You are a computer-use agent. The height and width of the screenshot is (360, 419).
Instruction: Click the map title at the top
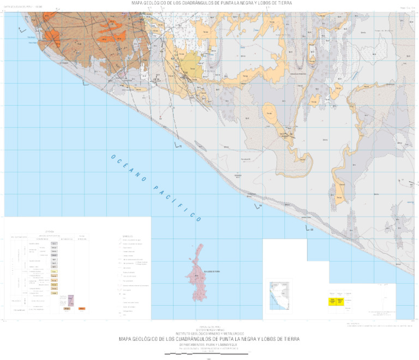tap(212, 3)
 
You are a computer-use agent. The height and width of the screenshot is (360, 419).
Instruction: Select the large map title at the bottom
tap(209, 339)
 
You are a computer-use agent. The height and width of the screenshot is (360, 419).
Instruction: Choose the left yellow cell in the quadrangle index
tap(331, 301)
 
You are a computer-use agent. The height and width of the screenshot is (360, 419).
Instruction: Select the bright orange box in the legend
tap(82, 309)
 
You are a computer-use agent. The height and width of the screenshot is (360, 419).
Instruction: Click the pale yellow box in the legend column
tap(54, 271)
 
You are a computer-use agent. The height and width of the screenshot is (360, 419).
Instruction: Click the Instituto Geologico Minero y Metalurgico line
tap(209, 333)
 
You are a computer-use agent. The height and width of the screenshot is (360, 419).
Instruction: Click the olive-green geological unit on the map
tap(190, 63)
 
